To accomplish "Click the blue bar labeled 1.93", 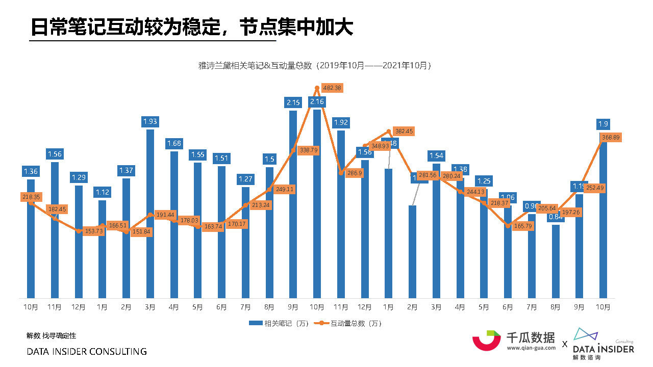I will [150, 214].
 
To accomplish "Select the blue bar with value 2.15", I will [293, 204].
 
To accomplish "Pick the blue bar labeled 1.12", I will [102, 250].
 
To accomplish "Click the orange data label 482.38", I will [332, 88].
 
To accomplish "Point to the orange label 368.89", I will [610, 138].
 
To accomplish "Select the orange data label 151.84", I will [142, 232].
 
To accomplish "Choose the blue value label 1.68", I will [174, 144].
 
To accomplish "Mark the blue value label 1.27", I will [245, 179].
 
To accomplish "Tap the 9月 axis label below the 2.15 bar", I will [293, 307].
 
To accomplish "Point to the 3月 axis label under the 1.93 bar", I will [150, 307].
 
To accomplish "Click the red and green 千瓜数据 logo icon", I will [486, 340].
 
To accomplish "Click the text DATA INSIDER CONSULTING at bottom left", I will [87, 352].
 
